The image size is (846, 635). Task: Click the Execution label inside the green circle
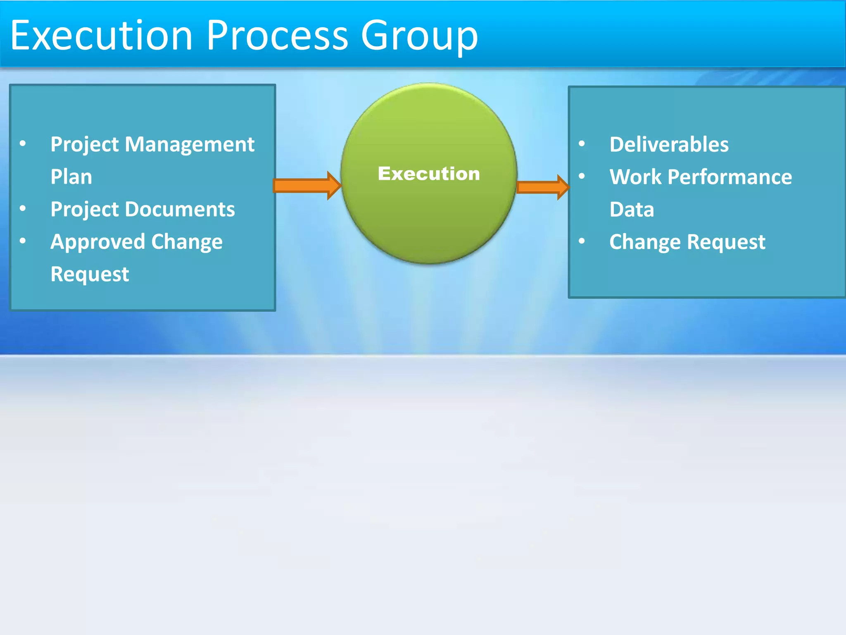pos(429,174)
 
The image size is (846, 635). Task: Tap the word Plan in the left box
pos(71,177)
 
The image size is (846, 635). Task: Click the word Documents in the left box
pos(180,209)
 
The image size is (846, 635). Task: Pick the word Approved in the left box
pos(97,242)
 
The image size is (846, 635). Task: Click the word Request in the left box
pos(90,274)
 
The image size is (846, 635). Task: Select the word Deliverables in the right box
pos(669,145)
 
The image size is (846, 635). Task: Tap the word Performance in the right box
pos(730,177)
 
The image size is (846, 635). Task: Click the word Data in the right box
pos(632,210)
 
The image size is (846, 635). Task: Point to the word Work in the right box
pos(635,177)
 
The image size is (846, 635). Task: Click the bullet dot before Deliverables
pos(582,144)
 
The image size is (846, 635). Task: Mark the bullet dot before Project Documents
pos(23,208)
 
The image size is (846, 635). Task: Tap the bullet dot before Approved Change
pos(23,241)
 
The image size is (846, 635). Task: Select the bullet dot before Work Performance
pos(582,176)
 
